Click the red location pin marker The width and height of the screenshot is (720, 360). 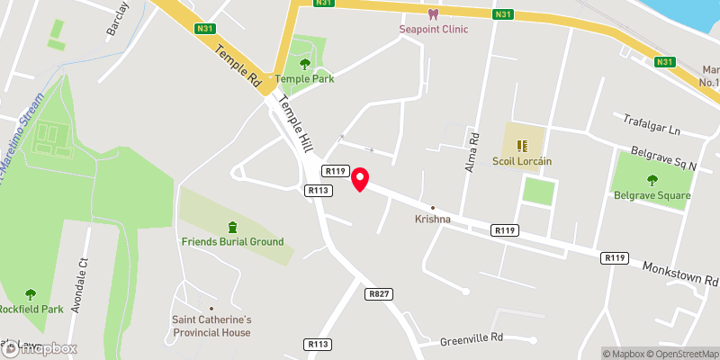(x=360, y=179)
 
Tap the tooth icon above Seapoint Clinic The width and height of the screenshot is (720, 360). (x=434, y=14)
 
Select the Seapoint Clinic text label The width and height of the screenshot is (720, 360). (x=434, y=29)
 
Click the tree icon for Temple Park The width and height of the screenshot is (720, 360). (x=304, y=64)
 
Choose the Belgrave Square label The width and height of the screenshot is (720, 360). (x=652, y=195)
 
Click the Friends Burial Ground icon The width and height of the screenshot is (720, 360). (x=233, y=226)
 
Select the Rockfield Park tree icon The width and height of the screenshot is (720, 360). (x=30, y=293)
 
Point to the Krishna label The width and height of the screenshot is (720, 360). (x=432, y=219)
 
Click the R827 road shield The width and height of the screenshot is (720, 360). (x=377, y=293)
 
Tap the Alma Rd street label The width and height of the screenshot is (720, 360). (x=470, y=148)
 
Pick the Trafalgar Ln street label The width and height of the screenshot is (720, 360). (x=651, y=124)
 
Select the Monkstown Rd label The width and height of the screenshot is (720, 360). (x=680, y=274)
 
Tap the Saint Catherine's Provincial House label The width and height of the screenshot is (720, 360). (x=211, y=325)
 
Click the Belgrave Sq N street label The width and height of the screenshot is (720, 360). (x=664, y=158)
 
